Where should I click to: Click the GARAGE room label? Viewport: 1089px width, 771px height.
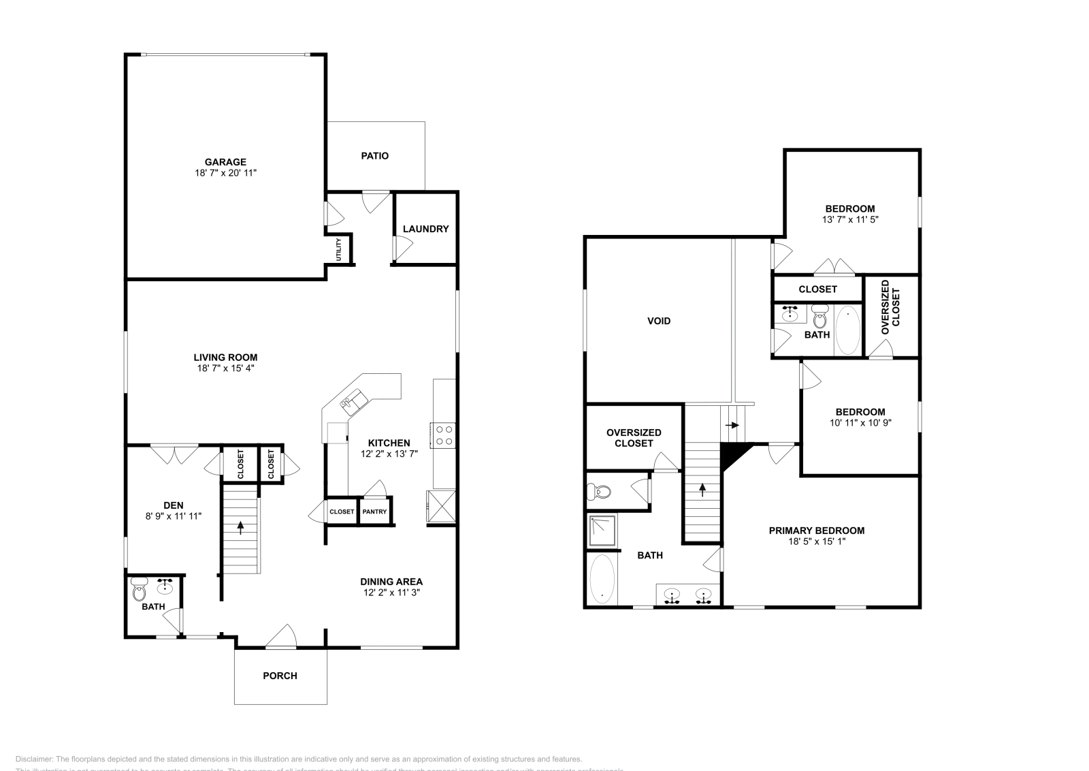click(225, 162)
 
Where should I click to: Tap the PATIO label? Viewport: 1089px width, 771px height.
click(374, 156)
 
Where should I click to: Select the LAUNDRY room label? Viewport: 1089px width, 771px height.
click(425, 229)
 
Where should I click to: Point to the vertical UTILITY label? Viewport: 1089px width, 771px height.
click(338, 249)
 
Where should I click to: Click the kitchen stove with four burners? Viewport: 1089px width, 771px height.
click(444, 435)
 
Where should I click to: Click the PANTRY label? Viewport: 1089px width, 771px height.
click(374, 512)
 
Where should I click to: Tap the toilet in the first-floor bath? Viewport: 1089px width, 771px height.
click(140, 589)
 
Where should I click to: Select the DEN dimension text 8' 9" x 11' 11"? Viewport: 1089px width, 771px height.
click(174, 516)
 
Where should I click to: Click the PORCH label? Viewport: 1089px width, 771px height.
click(280, 676)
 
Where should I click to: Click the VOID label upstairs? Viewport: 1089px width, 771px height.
click(658, 321)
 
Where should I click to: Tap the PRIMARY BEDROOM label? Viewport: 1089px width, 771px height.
click(816, 531)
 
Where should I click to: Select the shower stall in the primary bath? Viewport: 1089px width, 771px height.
click(602, 532)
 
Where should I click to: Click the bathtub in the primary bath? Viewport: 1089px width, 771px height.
click(602, 580)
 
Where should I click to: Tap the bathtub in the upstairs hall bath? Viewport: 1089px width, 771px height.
click(847, 330)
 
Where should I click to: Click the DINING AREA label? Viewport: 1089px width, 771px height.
click(391, 582)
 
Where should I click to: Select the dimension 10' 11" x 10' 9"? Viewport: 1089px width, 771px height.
click(860, 422)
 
